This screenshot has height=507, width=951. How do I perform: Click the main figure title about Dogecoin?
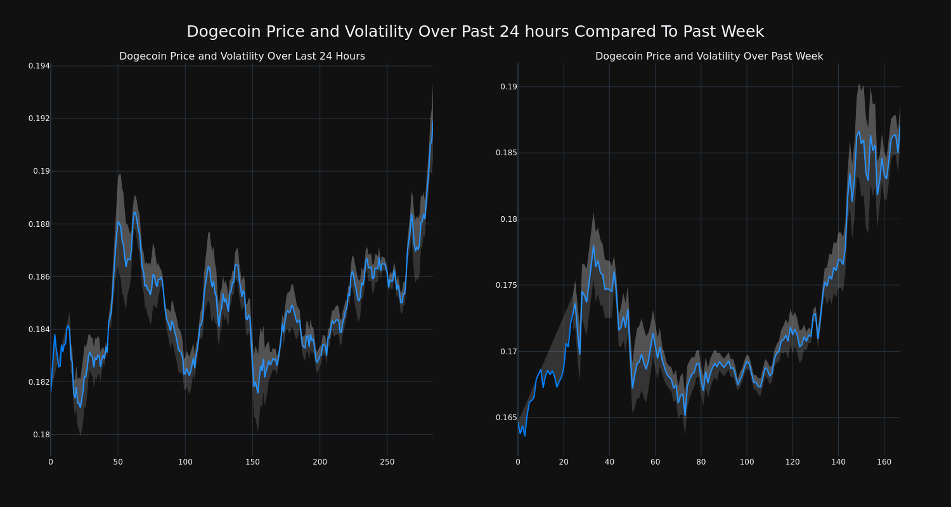[x=475, y=32]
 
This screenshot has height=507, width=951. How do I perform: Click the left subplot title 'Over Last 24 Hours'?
[x=242, y=56]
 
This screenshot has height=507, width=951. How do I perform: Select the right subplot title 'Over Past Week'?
[x=709, y=56]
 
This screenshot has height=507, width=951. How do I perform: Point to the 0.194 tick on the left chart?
[x=39, y=66]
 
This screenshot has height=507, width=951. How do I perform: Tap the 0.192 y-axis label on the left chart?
[x=39, y=119]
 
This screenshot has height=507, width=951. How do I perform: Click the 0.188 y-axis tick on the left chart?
[x=39, y=224]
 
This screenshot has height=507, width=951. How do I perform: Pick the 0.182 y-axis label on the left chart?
[x=39, y=382]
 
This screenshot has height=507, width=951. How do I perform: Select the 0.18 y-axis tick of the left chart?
[x=41, y=435]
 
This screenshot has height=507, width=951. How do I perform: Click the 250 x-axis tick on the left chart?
[x=387, y=462]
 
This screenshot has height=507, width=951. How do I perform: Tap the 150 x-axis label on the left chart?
[x=252, y=462]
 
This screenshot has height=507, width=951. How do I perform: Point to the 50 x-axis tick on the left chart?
[x=118, y=462]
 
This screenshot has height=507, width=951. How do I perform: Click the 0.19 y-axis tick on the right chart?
[x=508, y=87]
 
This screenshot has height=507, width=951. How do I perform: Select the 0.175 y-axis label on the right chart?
[x=506, y=285]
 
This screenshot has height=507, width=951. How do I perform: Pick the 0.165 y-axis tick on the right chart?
[x=506, y=418]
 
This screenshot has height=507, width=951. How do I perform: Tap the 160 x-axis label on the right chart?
[x=884, y=462]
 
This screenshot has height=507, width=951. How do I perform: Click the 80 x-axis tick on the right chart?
[x=701, y=462]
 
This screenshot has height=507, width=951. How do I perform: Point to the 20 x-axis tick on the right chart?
[x=564, y=462]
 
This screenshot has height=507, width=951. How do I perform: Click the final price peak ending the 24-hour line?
[x=432, y=122]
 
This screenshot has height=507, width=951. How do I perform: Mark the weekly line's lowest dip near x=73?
[x=685, y=415]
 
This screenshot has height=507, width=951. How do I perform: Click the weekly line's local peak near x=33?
[x=593, y=246]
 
